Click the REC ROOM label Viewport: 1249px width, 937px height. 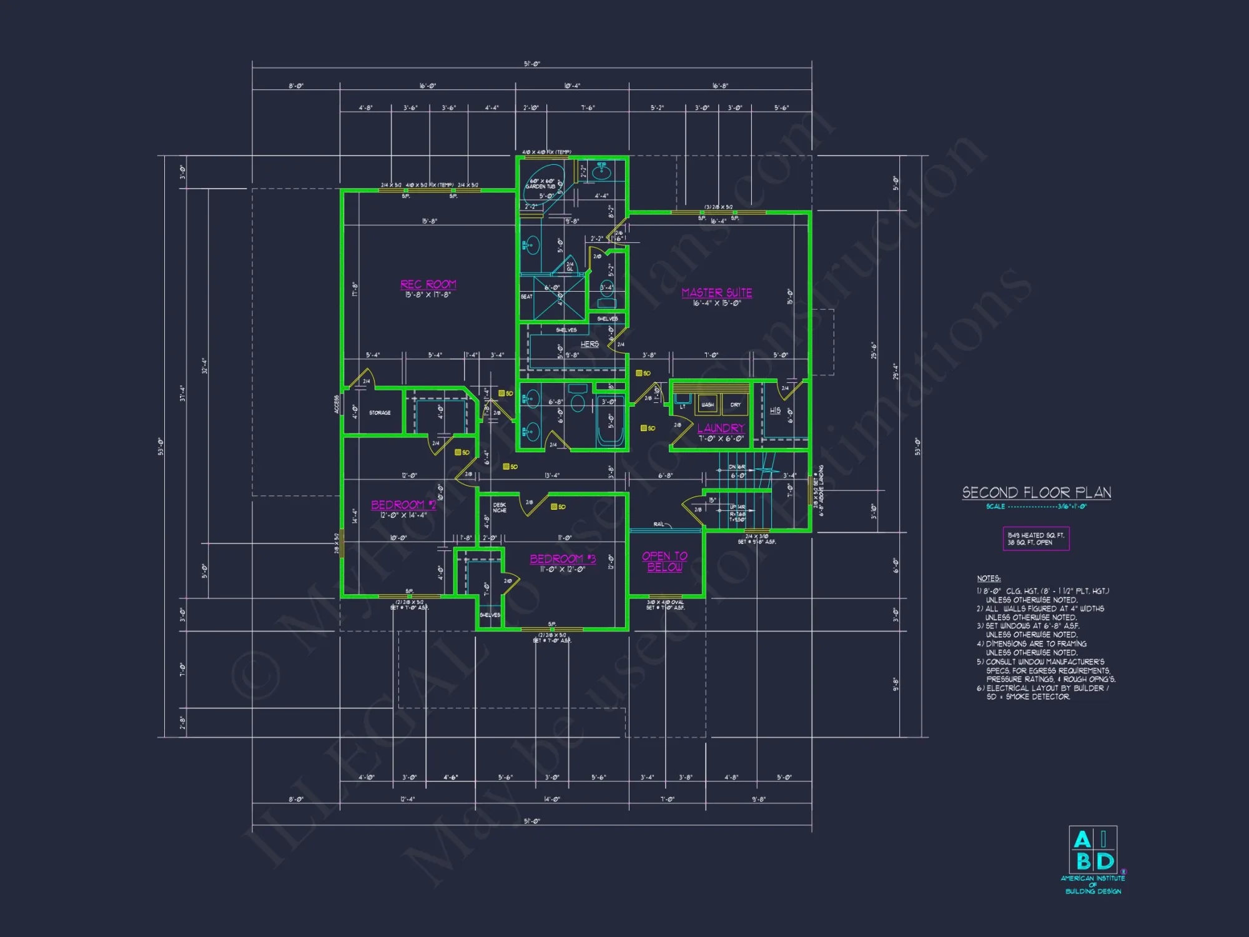[x=428, y=284]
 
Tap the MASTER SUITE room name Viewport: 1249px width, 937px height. [x=716, y=292]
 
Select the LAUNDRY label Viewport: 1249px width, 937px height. [x=721, y=428]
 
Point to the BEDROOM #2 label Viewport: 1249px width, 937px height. [x=403, y=505]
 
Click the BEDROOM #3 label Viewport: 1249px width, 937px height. [x=563, y=559]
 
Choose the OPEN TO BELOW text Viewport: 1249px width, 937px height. [x=664, y=561]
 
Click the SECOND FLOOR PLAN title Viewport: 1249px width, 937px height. [x=1036, y=492]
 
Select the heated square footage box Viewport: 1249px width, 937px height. [x=1035, y=538]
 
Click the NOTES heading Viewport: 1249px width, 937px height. [x=989, y=578]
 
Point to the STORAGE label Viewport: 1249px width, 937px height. [x=380, y=413]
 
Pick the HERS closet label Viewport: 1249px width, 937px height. [x=590, y=344]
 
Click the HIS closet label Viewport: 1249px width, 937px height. [x=775, y=410]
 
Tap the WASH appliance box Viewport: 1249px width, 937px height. [x=708, y=405]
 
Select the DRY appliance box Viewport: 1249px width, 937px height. [x=736, y=405]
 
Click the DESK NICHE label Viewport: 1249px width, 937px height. [x=500, y=507]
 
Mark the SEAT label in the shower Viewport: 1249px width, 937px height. [x=526, y=297]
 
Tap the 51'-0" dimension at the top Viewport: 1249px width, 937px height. [x=531, y=64]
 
